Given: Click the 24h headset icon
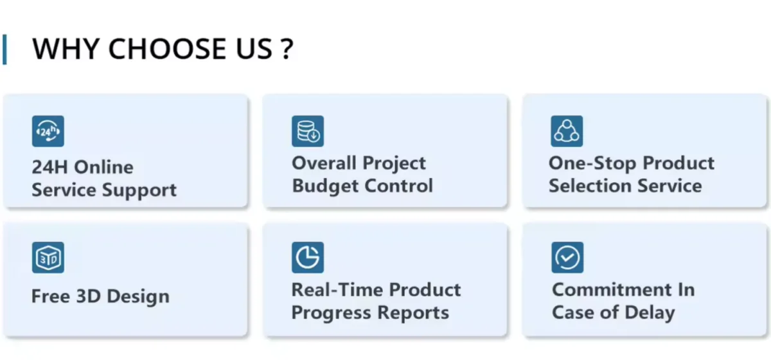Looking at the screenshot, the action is [48, 131].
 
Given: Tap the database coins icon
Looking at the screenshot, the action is [308, 131].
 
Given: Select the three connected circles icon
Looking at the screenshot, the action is [567, 131].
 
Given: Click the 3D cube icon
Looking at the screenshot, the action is [48, 258].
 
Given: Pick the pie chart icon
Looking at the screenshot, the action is [308, 258].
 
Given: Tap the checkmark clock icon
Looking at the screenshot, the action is [567, 258].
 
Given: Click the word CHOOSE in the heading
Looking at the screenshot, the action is [167, 49].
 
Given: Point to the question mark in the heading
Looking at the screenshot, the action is [287, 50].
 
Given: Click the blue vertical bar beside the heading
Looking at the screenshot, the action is [4, 50].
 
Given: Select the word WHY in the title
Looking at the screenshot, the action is [66, 49].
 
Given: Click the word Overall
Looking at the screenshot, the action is [324, 163].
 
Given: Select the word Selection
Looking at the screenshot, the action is [590, 186].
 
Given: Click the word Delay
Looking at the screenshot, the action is [650, 313].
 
